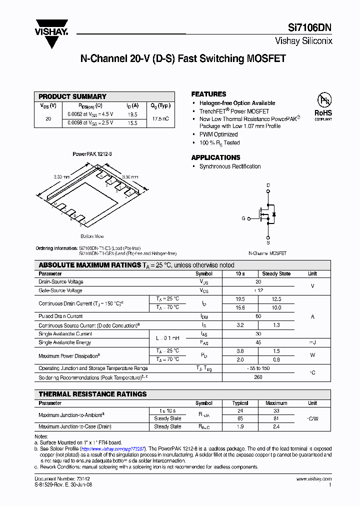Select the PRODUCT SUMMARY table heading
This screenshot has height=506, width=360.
72,96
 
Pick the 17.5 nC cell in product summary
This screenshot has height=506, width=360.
160,118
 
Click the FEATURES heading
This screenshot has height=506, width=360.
208,94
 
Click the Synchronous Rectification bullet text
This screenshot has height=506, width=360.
230,166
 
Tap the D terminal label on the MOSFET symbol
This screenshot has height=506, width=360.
268,185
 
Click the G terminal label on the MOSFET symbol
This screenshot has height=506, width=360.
243,218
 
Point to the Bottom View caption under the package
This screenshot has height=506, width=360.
92,236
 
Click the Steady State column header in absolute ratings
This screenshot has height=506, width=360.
276,273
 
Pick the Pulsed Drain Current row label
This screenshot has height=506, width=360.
60,316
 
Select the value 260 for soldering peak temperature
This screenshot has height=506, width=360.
258,377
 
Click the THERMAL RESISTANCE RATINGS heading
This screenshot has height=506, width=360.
92,394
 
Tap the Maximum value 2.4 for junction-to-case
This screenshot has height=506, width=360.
276,426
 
